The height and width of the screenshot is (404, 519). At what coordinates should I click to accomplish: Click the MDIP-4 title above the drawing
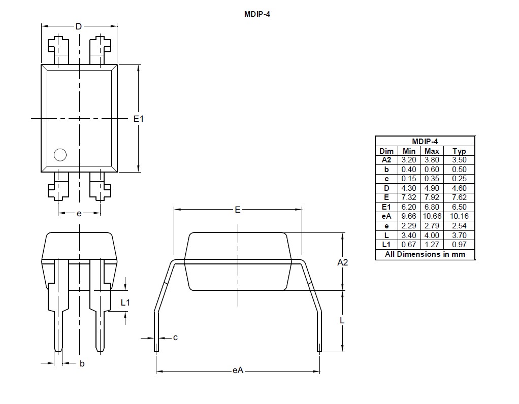pos(257,14)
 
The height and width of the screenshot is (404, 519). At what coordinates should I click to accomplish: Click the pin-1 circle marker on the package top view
pos(60,155)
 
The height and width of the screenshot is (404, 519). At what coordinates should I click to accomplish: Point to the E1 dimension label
pos(139,118)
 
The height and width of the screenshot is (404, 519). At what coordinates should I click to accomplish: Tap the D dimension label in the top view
pos(79,26)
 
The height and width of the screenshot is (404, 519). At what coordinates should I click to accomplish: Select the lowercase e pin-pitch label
pos(79,214)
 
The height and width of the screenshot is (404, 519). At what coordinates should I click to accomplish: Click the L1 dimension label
pos(125,302)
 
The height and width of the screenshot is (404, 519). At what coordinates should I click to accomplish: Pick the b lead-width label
pos(82,363)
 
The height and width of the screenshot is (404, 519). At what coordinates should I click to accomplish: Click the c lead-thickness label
pos(175,338)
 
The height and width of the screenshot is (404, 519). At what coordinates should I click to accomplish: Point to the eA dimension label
pos(238,371)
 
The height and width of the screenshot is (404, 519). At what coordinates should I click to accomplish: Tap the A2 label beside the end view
pos(343,262)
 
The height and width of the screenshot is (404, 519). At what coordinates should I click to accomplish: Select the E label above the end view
pos(237,210)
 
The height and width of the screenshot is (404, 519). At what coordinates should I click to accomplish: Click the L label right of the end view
pos(342,320)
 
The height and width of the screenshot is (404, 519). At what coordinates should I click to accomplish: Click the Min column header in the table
pos(409,151)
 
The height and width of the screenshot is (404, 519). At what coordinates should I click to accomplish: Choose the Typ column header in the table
pos(459,151)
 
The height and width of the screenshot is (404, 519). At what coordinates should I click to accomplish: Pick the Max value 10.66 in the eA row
pos(432,216)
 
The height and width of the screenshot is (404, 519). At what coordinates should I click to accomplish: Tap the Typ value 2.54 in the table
pos(459,226)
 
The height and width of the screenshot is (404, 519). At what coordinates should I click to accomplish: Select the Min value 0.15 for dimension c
pos(409,179)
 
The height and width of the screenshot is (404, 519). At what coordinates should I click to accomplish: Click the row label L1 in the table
pos(386,245)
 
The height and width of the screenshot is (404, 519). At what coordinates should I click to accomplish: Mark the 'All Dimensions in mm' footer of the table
pos(425,254)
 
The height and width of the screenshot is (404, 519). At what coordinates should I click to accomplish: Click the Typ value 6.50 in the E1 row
pos(459,207)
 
